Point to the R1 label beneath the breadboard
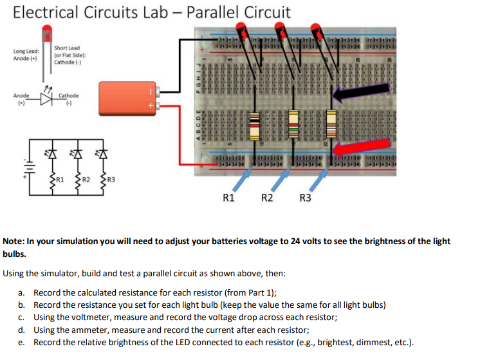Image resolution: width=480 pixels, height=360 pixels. coord(228,198)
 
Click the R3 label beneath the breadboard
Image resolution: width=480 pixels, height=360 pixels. coord(306,198)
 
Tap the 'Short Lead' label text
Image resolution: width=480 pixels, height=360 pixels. coord(67,48)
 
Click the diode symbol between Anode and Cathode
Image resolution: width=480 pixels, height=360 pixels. coord(47,99)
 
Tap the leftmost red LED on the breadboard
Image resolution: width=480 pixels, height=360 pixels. coord(243,30)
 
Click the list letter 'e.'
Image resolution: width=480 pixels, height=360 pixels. coord(21,342)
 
